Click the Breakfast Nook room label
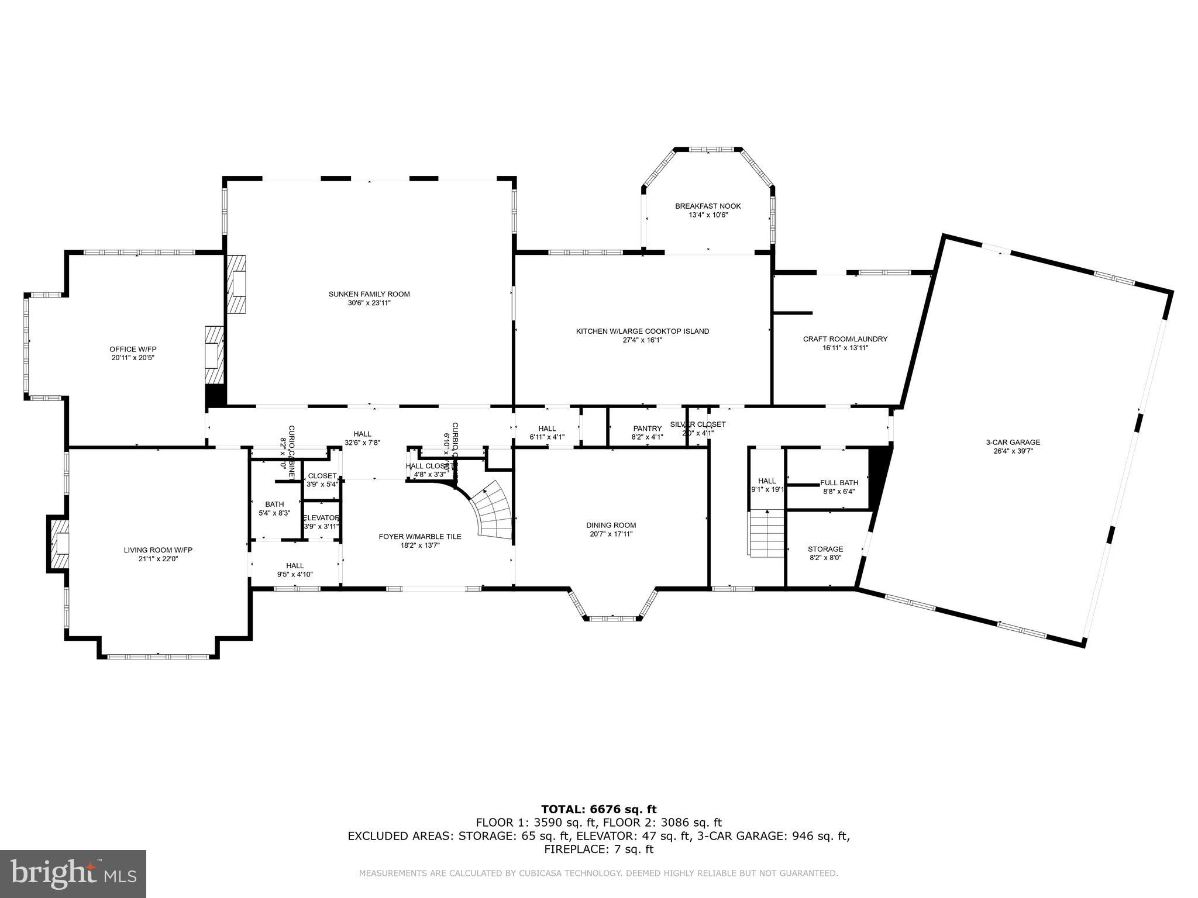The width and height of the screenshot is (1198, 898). tap(708, 206)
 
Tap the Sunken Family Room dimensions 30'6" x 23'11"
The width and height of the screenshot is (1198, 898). tap(369, 303)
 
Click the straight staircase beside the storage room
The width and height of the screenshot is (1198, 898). tap(766, 533)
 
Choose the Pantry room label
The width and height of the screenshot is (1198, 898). tap(647, 429)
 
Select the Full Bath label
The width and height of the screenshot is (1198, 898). tap(839, 483)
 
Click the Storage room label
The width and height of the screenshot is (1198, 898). tap(825, 549)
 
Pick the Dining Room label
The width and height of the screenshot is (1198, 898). tap(611, 525)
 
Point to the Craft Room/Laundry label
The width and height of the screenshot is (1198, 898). tap(845, 339)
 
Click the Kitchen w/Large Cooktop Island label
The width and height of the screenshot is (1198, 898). tap(642, 331)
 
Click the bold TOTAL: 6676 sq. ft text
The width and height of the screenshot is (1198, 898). tap(598, 810)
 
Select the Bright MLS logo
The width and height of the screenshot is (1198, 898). tap(73, 873)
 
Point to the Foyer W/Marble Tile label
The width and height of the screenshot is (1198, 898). tap(419, 537)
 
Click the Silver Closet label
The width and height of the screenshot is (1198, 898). tap(698, 424)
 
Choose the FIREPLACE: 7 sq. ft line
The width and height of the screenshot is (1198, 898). tap(598, 849)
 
